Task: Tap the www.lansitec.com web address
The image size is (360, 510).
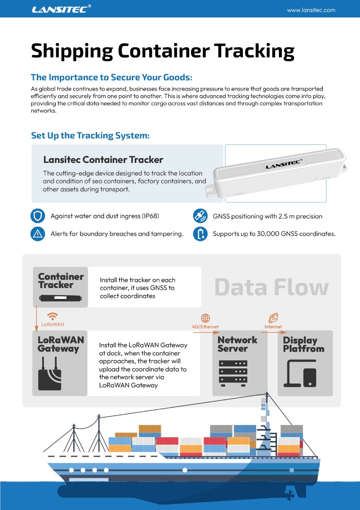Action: tap(311, 10)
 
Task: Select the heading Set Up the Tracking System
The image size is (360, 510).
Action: tap(90, 136)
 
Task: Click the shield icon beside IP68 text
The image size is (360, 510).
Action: tap(37, 216)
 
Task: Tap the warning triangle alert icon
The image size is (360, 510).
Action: tap(37, 234)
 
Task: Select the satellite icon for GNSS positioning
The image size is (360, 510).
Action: tap(201, 216)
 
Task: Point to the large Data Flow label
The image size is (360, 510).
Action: tap(271, 287)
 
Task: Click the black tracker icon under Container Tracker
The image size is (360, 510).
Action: tap(60, 298)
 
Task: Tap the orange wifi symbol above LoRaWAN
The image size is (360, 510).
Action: tap(53, 316)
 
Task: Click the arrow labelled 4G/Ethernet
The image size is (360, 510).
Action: tap(206, 331)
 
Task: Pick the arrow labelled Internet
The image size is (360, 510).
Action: tap(273, 331)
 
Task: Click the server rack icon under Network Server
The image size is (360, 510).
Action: tap(233, 373)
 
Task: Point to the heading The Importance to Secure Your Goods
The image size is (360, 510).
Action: tap(111, 77)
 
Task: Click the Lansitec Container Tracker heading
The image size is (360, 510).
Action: tap(103, 160)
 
